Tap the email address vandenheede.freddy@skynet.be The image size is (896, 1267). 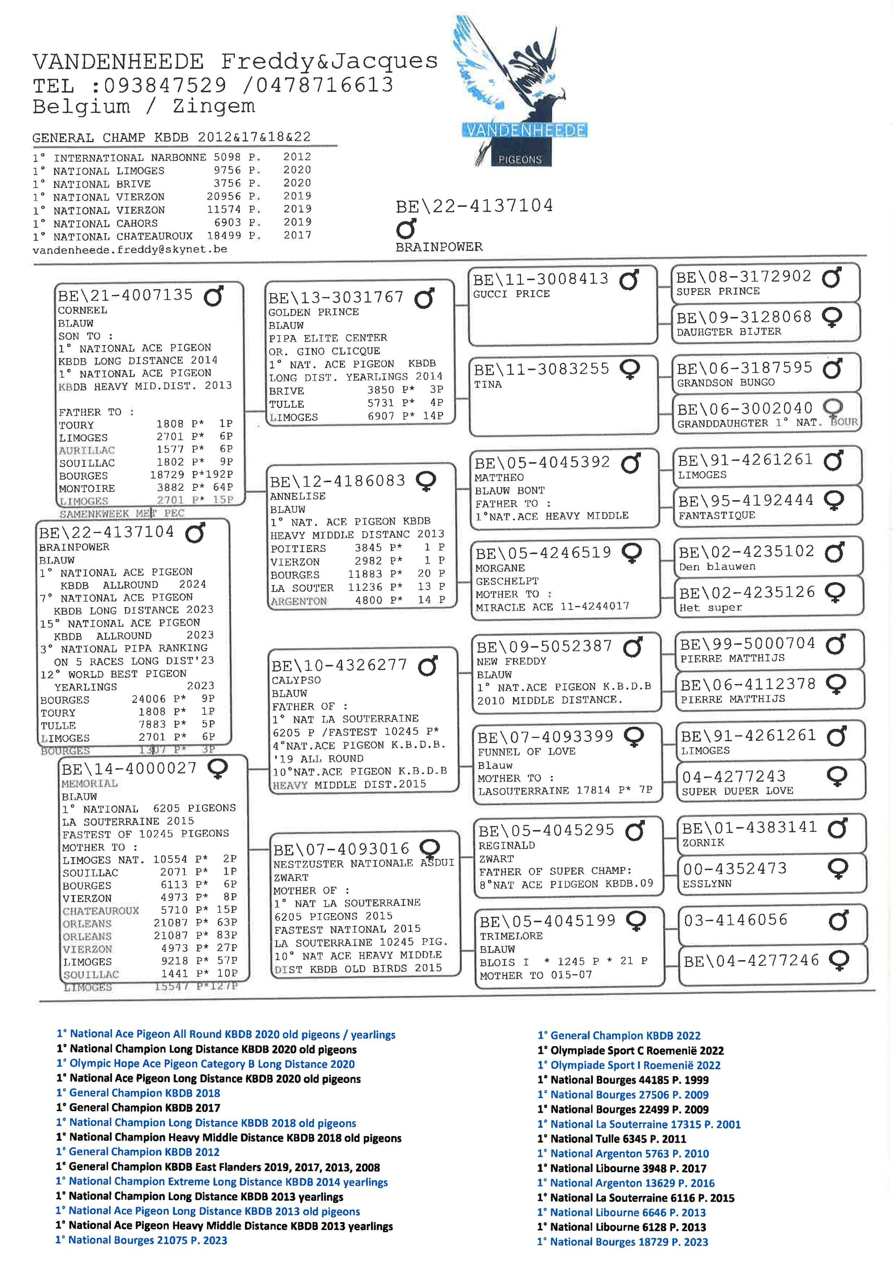click(130, 250)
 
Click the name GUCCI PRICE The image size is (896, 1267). click(511, 294)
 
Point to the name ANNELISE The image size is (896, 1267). click(297, 496)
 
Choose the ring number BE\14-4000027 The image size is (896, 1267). click(129, 769)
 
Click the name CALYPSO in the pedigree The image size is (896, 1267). click(296, 680)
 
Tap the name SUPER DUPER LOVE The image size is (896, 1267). click(737, 791)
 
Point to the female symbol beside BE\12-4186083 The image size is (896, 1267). click(426, 481)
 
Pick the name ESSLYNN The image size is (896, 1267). click(707, 884)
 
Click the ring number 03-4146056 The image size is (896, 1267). click(736, 920)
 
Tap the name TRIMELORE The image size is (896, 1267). click(511, 936)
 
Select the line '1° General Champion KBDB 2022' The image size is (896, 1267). click(618, 1036)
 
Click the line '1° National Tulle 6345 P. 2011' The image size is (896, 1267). click(611, 1139)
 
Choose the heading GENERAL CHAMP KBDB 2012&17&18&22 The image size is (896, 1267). click(171, 137)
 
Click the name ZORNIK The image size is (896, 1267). click(703, 842)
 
